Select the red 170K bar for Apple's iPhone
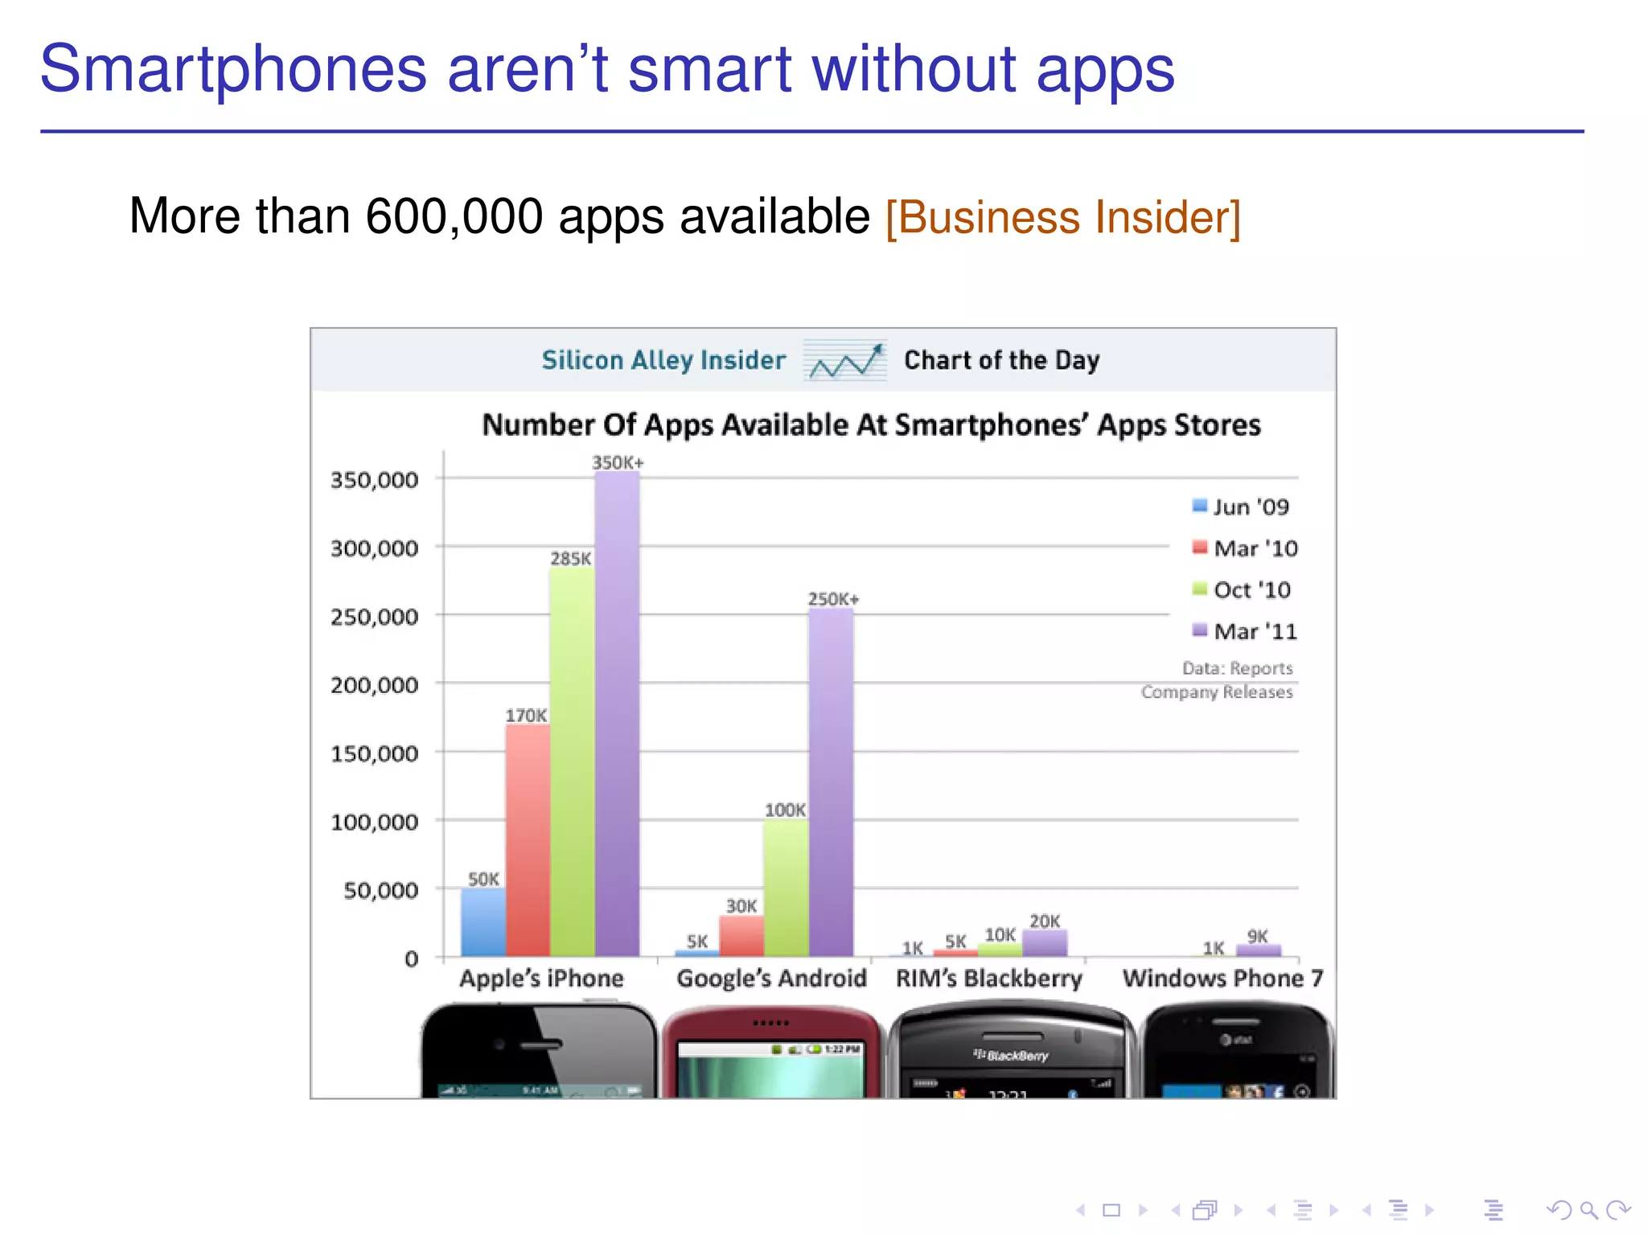[528, 840]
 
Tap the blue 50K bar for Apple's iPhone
[483, 922]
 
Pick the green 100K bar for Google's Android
[786, 888]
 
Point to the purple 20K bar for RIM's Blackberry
[1045, 943]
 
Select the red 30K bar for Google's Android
[741, 936]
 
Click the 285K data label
[570, 559]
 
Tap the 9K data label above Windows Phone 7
[1257, 936]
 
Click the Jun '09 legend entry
[1242, 507]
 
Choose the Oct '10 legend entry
[1242, 590]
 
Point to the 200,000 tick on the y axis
[375, 685]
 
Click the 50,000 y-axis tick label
[381, 890]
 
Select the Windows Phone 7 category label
[1222, 979]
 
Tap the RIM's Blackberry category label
[989, 979]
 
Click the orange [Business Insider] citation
[1063, 217]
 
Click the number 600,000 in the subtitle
[454, 216]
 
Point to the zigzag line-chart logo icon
[845, 361]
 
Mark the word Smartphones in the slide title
[233, 69]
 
